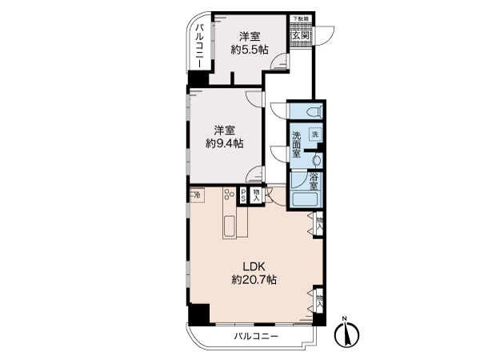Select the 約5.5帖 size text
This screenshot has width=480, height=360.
click(249, 50)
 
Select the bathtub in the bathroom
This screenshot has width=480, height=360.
click(304, 200)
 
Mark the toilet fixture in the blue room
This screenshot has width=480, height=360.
click(313, 110)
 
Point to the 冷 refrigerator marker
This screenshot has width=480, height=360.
click(196, 194)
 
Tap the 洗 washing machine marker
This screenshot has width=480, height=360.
click(314, 135)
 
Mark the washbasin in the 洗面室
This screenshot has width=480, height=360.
click(314, 158)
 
